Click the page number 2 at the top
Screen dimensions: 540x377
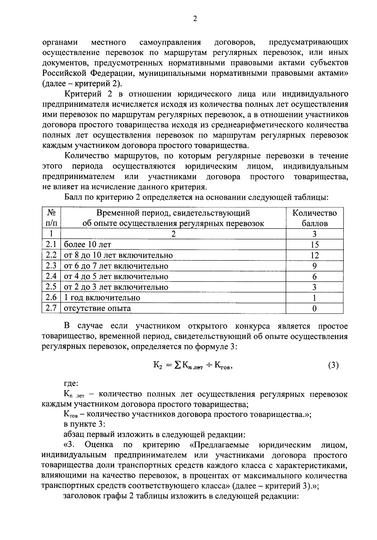pos(194,19)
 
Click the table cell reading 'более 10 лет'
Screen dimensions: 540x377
pos(87,245)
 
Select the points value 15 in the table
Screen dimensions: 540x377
pos(314,245)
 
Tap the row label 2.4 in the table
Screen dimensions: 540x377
pos(51,276)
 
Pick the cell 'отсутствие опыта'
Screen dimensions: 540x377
pos(97,308)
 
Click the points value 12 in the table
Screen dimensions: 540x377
pos(314,255)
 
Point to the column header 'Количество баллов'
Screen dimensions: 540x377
pos(314,218)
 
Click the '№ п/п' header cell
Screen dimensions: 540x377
pos(51,218)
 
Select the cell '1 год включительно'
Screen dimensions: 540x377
pos(102,298)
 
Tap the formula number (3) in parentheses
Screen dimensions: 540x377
pos(333,366)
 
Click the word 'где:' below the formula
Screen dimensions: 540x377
pos(71,384)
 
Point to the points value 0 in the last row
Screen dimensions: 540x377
pos(314,308)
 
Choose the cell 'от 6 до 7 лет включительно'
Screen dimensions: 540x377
pos(116,266)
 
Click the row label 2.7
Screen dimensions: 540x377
pos(51,308)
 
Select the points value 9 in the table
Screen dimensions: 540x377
pos(314,266)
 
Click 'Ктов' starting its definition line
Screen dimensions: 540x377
pos(70,414)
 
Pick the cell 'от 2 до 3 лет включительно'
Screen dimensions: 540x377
pos(116,287)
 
